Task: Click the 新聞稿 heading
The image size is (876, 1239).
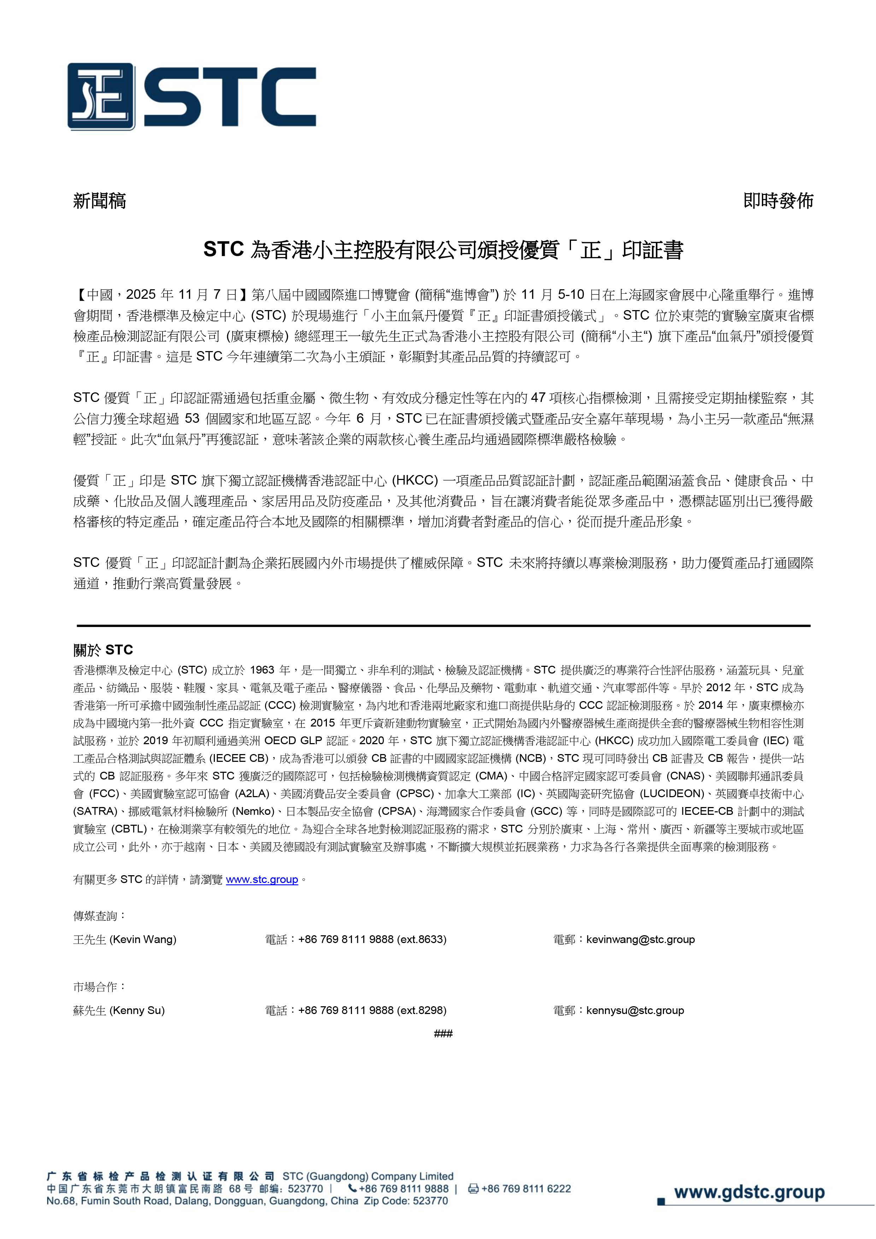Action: pyautogui.click(x=99, y=201)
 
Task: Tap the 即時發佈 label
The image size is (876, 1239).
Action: pyautogui.click(x=778, y=201)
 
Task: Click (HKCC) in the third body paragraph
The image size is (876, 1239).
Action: pyautogui.click(x=415, y=481)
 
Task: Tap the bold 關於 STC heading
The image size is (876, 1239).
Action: pyautogui.click(x=103, y=650)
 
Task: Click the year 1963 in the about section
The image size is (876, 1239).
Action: pyautogui.click(x=262, y=670)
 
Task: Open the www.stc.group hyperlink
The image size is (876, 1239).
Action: pyautogui.click(x=262, y=879)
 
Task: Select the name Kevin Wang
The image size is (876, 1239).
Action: pyautogui.click(x=143, y=939)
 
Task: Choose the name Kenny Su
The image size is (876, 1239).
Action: pyautogui.click(x=137, y=1010)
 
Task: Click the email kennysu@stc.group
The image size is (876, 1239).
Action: pyautogui.click(x=635, y=1010)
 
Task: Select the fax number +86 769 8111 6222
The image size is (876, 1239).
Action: pyautogui.click(x=526, y=1188)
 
